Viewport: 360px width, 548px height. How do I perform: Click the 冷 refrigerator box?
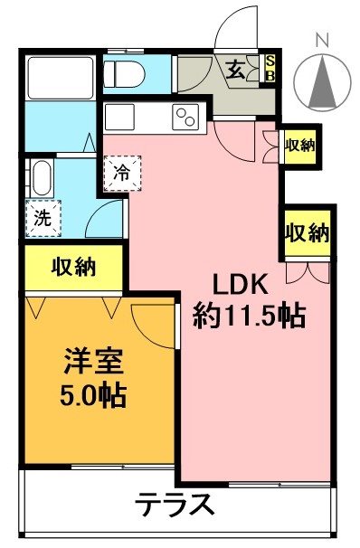click(122, 173)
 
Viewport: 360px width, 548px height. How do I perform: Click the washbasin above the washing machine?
click(41, 177)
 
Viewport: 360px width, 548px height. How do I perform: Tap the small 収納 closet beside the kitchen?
click(299, 146)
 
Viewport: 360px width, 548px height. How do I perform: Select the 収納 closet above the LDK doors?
click(307, 231)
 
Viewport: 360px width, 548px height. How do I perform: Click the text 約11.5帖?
click(248, 316)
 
